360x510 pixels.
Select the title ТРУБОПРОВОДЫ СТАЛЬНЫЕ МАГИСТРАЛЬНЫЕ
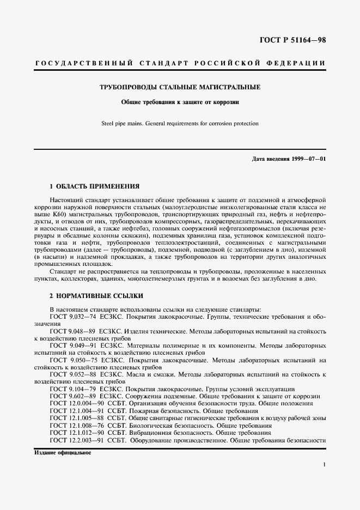180,87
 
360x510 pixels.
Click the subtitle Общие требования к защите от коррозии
180,102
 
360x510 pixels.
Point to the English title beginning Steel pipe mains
180,124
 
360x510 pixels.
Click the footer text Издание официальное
63,453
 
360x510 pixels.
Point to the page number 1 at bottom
324,464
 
